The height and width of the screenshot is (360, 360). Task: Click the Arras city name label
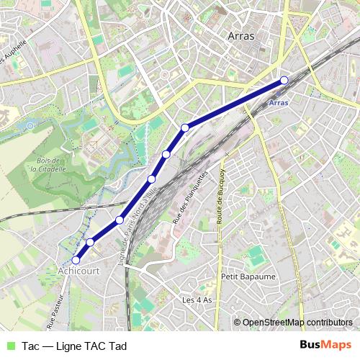click(x=240, y=35)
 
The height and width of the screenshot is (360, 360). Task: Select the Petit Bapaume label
click(x=239, y=275)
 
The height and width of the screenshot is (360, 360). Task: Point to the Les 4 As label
click(x=197, y=300)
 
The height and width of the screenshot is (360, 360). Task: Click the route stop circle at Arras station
click(x=284, y=81)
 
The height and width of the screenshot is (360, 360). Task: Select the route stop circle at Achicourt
click(x=76, y=260)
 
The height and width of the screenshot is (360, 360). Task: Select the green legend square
click(x=9, y=346)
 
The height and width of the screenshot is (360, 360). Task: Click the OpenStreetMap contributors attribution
click(x=297, y=322)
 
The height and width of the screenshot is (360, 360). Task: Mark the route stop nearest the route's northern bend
click(x=185, y=127)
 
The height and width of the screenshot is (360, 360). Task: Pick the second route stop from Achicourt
click(x=90, y=243)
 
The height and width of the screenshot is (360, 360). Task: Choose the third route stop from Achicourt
click(x=120, y=220)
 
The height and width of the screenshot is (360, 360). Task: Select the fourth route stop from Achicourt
click(x=152, y=179)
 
